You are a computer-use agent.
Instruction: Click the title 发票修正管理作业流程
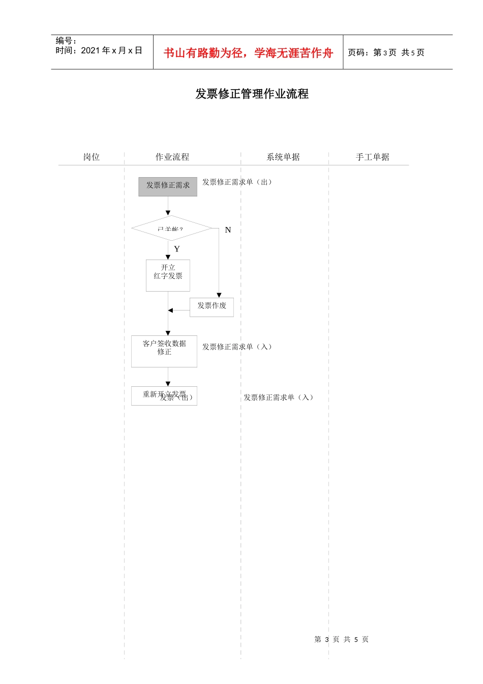[252, 94]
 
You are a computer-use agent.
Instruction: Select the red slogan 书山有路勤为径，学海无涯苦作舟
[248, 53]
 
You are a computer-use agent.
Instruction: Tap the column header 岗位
[92, 157]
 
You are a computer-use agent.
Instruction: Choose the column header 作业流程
[172, 157]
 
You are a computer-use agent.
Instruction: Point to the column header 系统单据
[283, 157]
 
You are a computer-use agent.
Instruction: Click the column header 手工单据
[372, 157]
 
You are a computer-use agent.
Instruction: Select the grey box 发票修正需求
[168, 186]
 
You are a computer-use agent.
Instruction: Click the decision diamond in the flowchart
[171, 229]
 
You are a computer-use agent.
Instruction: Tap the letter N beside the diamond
[228, 230]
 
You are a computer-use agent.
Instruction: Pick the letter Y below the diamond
[177, 249]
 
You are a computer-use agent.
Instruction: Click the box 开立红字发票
[168, 275]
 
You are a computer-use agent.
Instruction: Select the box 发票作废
[212, 307]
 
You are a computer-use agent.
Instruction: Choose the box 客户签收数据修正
[164, 351]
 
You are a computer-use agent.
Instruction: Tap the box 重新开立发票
[164, 395]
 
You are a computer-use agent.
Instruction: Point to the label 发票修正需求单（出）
[237, 182]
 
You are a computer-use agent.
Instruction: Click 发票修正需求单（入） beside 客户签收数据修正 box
[237, 347]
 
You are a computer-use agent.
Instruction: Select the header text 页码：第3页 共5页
[386, 52]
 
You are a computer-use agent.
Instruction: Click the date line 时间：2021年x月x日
[99, 50]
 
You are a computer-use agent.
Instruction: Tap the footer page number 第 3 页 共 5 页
[341, 639]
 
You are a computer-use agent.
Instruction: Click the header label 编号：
[66, 41]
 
